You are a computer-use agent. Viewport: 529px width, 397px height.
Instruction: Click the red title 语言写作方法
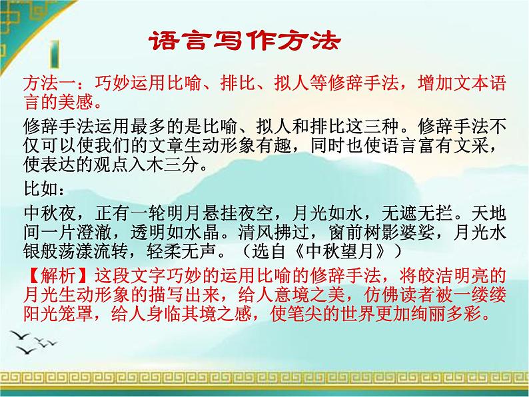tap(243, 41)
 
